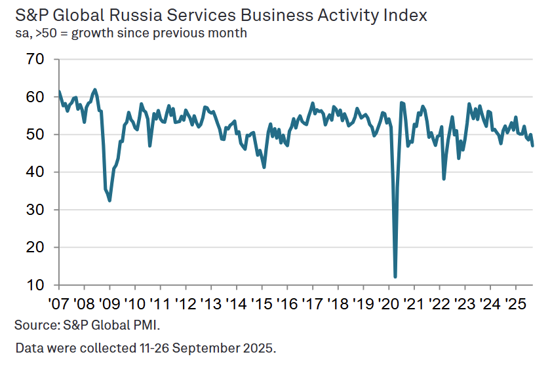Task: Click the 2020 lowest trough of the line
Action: click(x=395, y=277)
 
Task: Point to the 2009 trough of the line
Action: click(x=109, y=201)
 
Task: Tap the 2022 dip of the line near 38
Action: click(x=444, y=179)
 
